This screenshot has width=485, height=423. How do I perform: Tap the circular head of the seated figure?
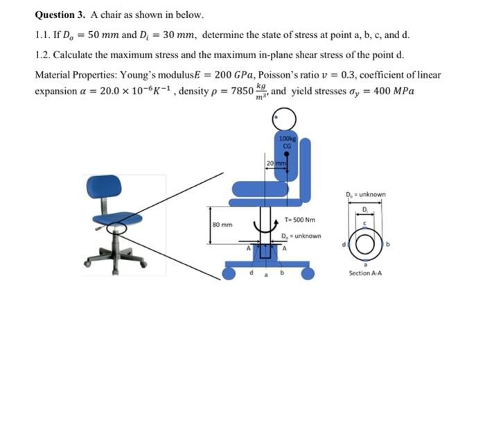pyautogui.click(x=285, y=120)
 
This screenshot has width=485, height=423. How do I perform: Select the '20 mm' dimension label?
pyautogui.click(x=276, y=162)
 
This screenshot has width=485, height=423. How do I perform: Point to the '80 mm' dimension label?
pyautogui.click(x=222, y=225)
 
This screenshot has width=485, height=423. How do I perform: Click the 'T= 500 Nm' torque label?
pyautogui.click(x=300, y=220)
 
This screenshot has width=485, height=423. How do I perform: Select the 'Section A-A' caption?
pyautogui.click(x=367, y=273)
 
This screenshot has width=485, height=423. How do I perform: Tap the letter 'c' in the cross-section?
pyautogui.click(x=367, y=222)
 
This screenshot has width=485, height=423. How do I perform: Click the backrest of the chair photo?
pyautogui.click(x=104, y=186)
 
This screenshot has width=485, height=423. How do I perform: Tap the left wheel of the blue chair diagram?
pyautogui.click(x=230, y=274)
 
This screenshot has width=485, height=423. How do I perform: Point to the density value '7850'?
pyautogui.click(x=237, y=92)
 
